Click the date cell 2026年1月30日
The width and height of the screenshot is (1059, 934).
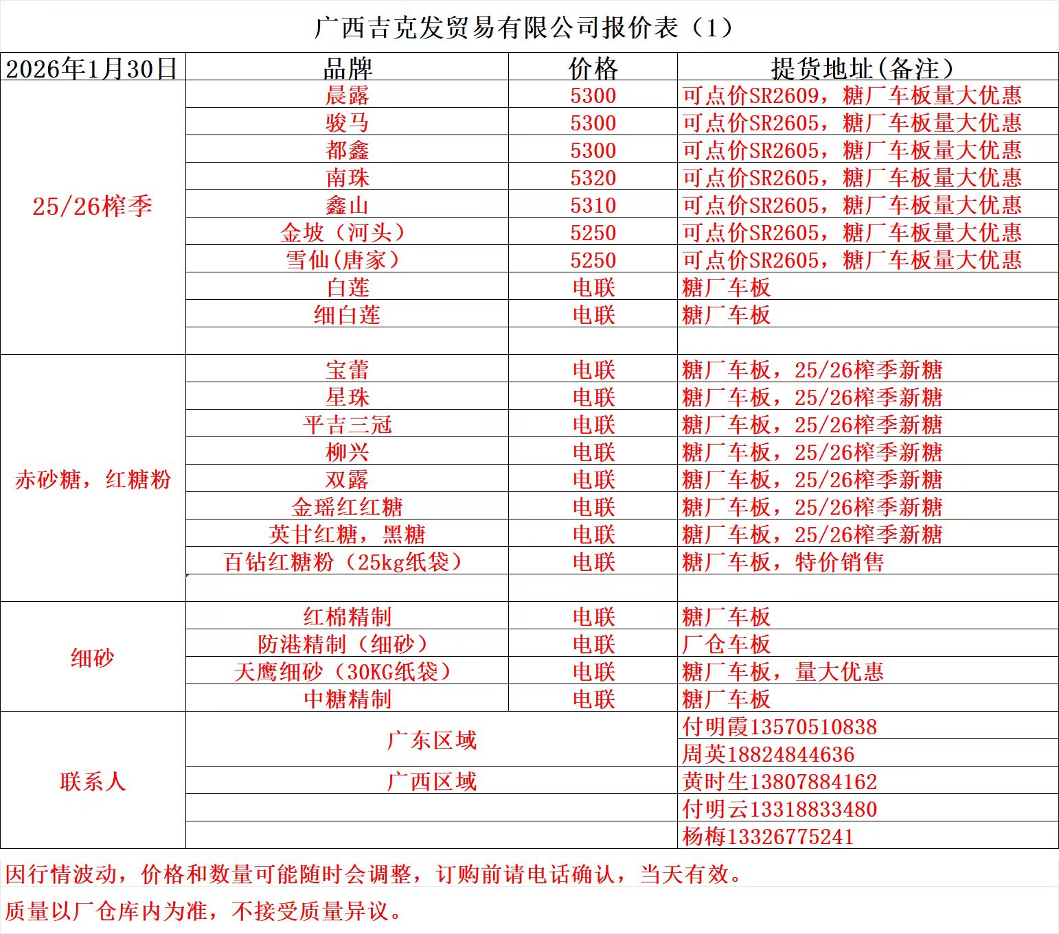[92, 68]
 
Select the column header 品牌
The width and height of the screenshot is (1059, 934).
[347, 68]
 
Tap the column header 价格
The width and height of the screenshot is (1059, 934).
[593, 68]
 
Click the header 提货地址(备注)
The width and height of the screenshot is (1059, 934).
[862, 68]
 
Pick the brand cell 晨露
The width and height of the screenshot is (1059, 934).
[347, 95]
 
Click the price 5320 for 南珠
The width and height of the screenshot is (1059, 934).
[593, 178]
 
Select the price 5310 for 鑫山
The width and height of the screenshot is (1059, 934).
[593, 205]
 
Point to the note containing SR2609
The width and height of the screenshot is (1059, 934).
[852, 95]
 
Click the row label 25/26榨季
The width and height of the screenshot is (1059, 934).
[92, 206]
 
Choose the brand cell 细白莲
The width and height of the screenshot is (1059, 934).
[347, 315]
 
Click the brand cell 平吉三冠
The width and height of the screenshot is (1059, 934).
[347, 425]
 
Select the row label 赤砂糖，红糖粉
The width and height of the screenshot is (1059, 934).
[92, 479]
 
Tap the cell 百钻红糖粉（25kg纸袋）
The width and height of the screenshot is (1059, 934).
[343, 562]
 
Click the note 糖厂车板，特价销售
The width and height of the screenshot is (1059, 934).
[783, 562]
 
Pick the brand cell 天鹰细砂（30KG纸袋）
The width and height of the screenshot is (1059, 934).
[343, 671]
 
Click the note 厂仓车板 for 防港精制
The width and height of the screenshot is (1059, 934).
[727, 644]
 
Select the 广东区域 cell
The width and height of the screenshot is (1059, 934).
[431, 740]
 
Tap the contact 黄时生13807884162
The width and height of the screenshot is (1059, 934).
[779, 781]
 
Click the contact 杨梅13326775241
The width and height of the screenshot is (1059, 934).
[768, 836]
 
